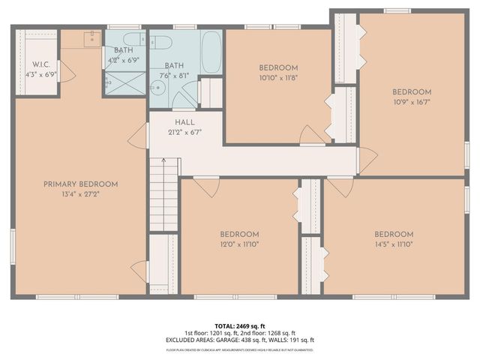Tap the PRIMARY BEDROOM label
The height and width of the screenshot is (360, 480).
click(x=80, y=184)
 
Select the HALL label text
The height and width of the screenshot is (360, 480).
click(x=184, y=121)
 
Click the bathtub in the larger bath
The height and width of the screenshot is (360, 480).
click(x=211, y=52)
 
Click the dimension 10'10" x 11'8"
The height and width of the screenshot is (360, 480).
click(x=278, y=77)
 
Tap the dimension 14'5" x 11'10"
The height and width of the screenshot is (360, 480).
click(x=394, y=244)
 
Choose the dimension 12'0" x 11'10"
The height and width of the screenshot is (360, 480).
click(x=239, y=244)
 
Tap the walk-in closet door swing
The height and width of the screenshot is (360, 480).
click(x=66, y=73)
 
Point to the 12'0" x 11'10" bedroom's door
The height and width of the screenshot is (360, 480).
click(x=205, y=186)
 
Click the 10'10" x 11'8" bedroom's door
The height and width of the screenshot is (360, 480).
click(x=311, y=135)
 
